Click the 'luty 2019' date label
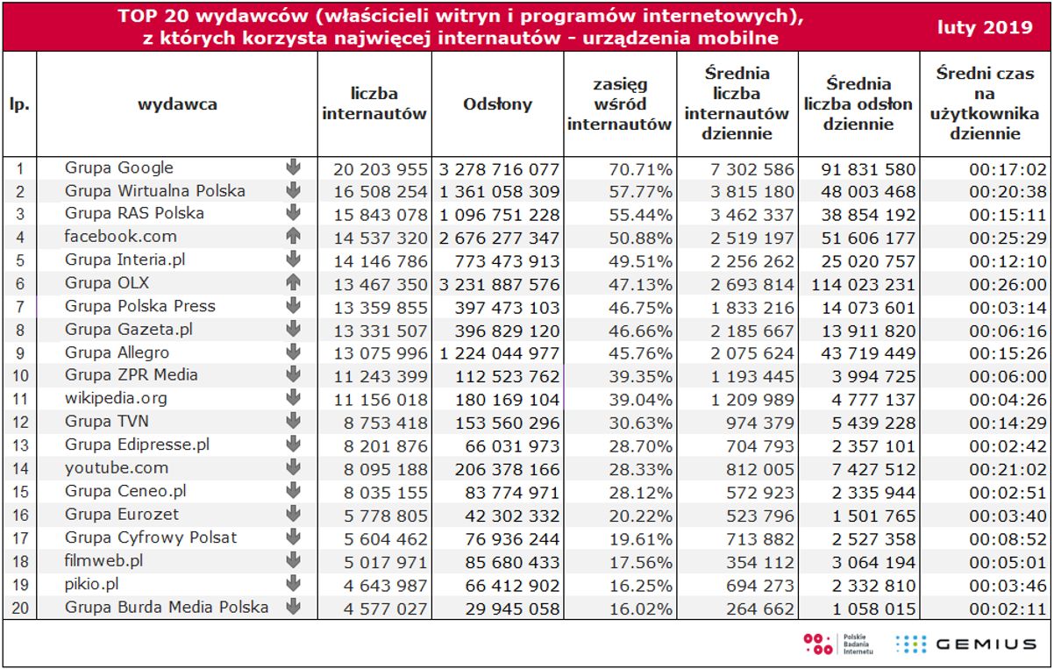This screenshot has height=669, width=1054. tap(985, 27)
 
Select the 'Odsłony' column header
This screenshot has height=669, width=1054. tap(497, 104)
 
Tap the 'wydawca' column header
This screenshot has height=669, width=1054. tap(177, 104)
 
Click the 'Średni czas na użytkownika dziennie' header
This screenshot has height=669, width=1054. tap(983, 103)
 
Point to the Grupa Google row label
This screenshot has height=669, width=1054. tap(119, 168)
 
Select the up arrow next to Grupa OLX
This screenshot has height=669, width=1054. tap(293, 282)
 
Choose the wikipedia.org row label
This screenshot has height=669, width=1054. tap(116, 398)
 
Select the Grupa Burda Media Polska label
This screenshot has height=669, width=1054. tap(167, 607)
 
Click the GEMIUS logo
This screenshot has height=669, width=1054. tap(965, 644)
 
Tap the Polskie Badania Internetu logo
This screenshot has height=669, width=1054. tap(830, 644)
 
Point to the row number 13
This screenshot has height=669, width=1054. tap(20, 445)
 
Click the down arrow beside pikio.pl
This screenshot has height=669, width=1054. tap(293, 583)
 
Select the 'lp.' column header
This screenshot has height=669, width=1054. tap(19, 104)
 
